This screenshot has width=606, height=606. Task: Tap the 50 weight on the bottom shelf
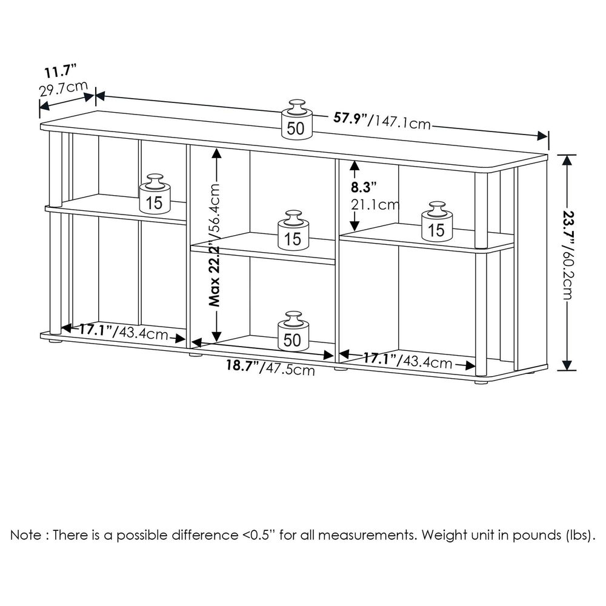[x=293, y=331]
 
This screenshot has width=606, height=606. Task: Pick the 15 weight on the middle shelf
[x=293, y=230]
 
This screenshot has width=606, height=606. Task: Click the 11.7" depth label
[x=60, y=72]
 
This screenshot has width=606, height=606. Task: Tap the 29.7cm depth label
[x=64, y=89]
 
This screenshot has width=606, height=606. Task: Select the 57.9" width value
[x=350, y=118]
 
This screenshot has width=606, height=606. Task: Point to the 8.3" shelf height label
[x=363, y=187]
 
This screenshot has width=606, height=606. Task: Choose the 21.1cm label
[x=375, y=204]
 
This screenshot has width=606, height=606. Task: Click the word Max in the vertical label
[x=214, y=292]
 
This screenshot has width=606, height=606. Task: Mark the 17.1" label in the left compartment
[x=96, y=330]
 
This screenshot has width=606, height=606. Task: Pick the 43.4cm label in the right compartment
[x=426, y=362]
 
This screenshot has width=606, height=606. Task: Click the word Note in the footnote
[x=27, y=535]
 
